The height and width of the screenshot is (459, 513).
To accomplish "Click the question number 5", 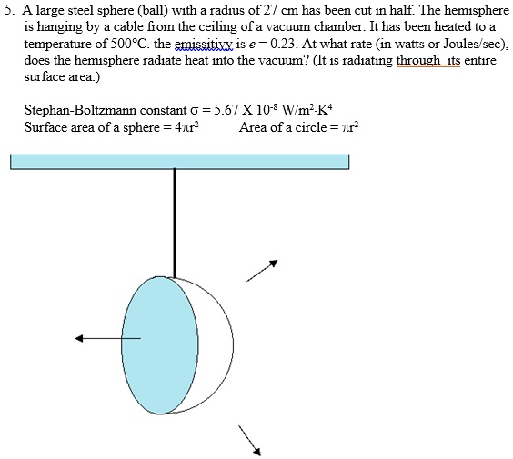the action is (9, 11).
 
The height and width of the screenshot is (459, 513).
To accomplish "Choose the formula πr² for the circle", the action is (348, 127).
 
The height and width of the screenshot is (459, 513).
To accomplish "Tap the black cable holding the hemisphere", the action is (173, 218).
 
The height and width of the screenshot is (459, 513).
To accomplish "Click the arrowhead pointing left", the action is (80, 338).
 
